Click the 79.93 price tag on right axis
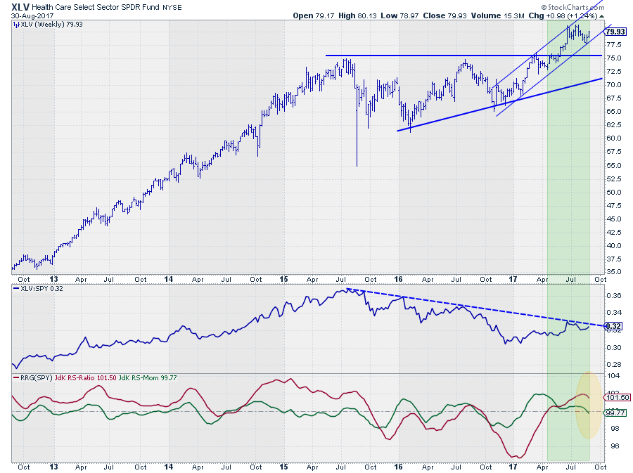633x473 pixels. coord(615,31)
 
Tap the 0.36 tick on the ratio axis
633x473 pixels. coord(613,295)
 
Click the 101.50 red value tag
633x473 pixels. coord(615,398)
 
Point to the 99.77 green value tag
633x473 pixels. coord(615,413)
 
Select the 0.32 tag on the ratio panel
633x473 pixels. coord(613,326)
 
